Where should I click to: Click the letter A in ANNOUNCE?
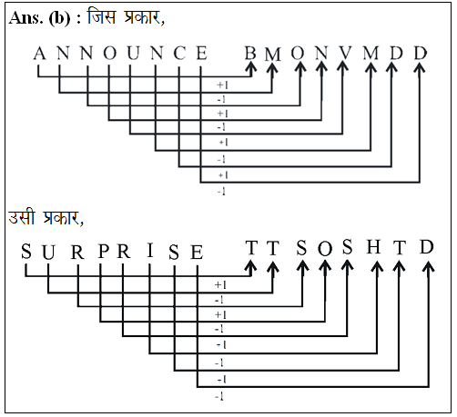[x=39, y=54]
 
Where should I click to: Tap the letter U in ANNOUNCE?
[x=133, y=54]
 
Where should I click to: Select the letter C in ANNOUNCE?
[x=179, y=54]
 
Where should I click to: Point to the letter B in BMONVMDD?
[x=250, y=54]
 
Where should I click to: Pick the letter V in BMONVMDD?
[x=345, y=53]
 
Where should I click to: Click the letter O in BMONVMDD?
[x=298, y=53]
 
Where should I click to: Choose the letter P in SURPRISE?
[x=104, y=251]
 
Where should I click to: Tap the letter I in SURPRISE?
[x=150, y=251]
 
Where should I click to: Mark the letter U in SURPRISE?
[x=48, y=252]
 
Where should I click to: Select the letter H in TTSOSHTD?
[x=373, y=247]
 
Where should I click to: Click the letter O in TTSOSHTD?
[x=325, y=249]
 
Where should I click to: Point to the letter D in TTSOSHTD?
[x=427, y=247]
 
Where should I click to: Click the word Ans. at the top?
[x=25, y=18]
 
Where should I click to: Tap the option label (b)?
[x=59, y=18]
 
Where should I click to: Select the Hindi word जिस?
[x=101, y=16]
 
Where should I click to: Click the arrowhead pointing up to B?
[x=250, y=66]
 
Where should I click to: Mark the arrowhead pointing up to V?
[x=343, y=66]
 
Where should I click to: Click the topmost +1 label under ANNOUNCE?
[x=222, y=85]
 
